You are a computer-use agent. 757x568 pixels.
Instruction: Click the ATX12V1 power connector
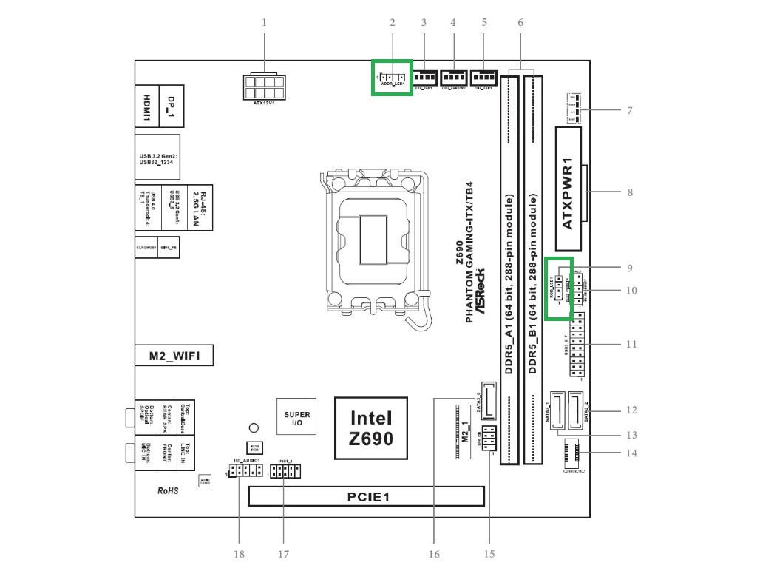pos(263,87)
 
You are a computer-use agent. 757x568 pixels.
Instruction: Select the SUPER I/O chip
pos(297,419)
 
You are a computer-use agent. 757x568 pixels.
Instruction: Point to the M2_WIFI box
pos(174,356)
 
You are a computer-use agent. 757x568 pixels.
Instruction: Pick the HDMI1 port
pos(147,108)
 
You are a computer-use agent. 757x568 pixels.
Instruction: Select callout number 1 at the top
pos(264,22)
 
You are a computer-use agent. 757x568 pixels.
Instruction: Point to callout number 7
pos(629,111)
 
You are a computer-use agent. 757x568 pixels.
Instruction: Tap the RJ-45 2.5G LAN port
pos(197,205)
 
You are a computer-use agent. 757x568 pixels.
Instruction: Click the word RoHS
pos(168,490)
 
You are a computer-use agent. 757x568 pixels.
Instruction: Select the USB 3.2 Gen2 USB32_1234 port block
pos(158,160)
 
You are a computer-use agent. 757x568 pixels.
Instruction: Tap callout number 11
pos(631,344)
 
